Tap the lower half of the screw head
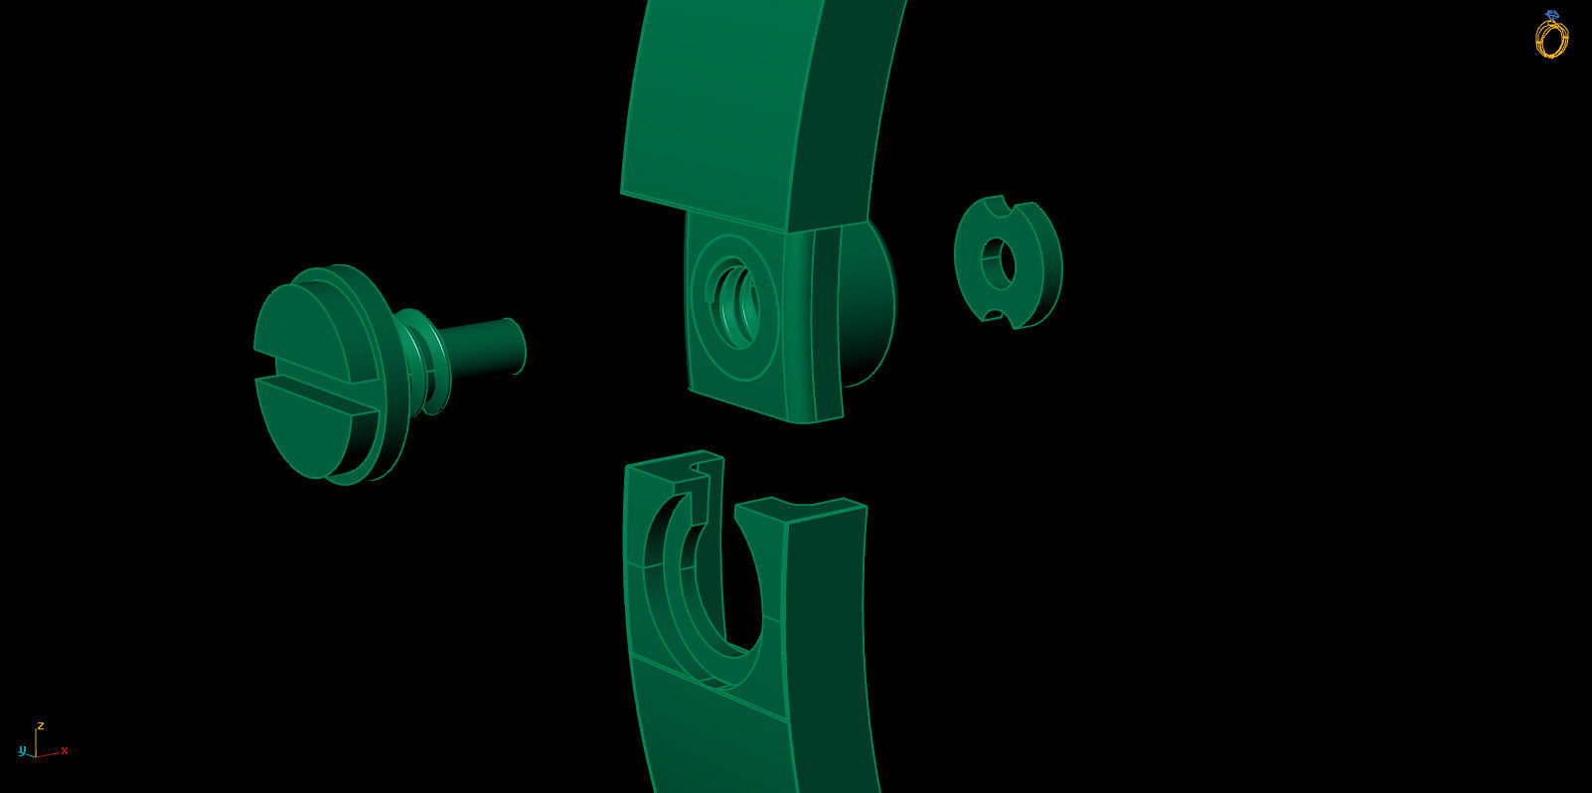pos(308,427)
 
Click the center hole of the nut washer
pos(998,263)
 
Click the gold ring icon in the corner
pos(1550,36)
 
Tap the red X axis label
pos(65,750)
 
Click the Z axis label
pos(41,725)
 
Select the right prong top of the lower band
pos(800,510)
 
